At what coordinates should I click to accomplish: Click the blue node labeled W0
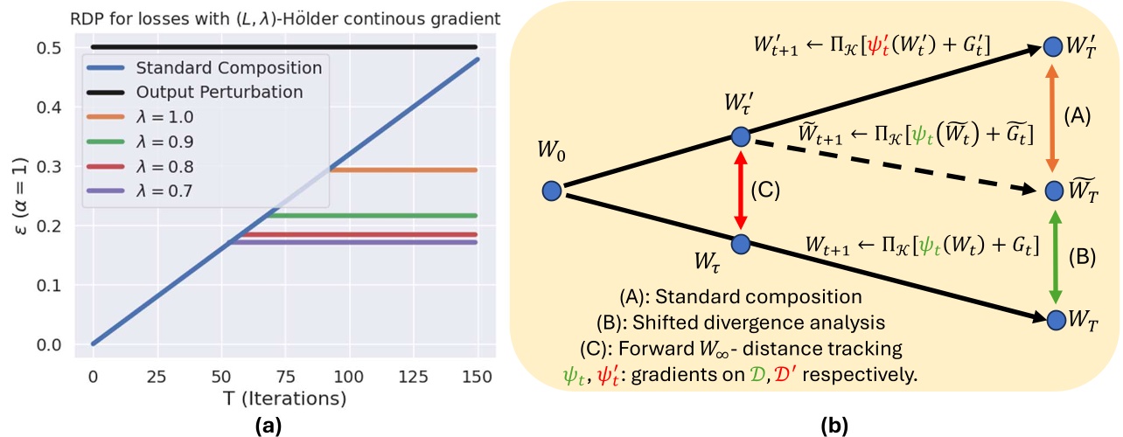(551, 191)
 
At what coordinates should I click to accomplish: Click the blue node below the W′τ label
(740, 137)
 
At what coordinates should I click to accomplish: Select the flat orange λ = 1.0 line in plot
(402, 170)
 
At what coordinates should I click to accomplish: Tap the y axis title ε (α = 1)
(19, 196)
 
